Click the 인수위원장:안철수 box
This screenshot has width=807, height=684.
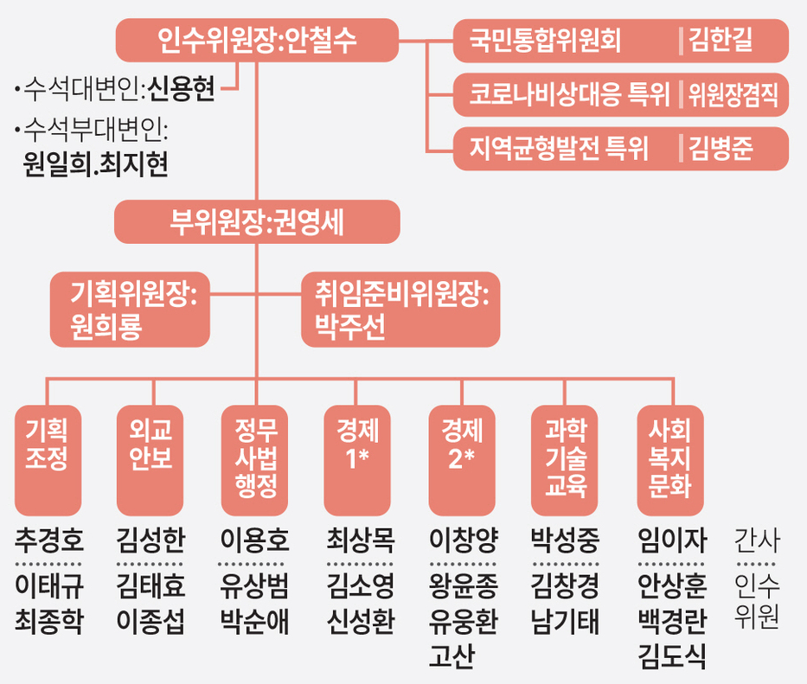[257, 40]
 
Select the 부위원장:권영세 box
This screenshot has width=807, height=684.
[257, 222]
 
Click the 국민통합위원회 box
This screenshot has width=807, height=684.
[562, 41]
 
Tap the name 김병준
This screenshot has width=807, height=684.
[721, 149]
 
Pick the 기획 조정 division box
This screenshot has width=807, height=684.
[48, 459]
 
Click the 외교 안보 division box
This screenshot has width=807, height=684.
[151, 459]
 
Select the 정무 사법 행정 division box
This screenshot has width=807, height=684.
[255, 459]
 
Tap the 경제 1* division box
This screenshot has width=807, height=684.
[357, 459]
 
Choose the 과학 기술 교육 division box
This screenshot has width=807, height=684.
[566, 459]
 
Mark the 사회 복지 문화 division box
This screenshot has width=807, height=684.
[669, 459]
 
